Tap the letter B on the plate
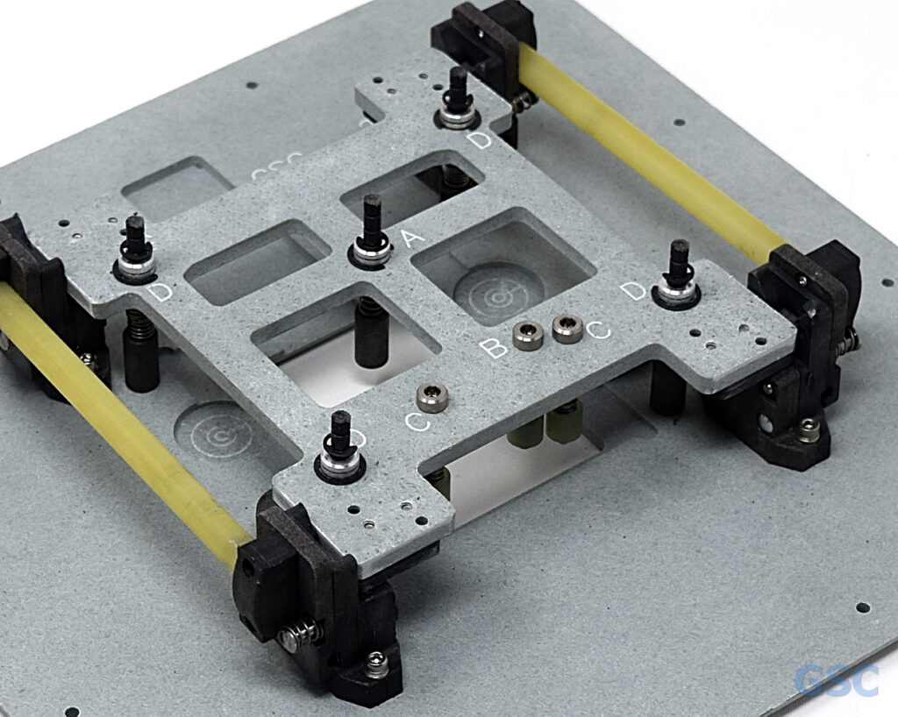tap(495, 348)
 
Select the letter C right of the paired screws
tap(599, 330)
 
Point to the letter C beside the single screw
tap(417, 422)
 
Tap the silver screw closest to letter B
tap(527, 334)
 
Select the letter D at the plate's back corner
tap(480, 140)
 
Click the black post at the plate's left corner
tap(136, 245)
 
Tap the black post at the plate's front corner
tap(340, 438)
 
